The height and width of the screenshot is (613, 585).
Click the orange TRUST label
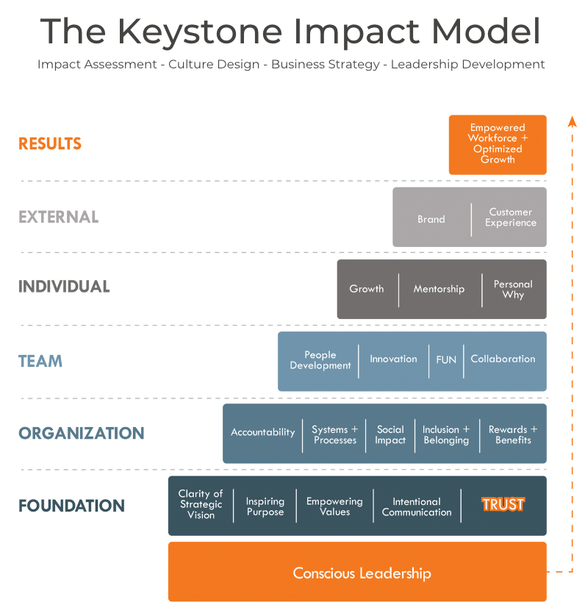pyautogui.click(x=503, y=504)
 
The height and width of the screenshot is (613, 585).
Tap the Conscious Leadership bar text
pyautogui.click(x=362, y=573)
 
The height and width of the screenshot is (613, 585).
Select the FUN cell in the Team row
pyautogui.click(x=446, y=359)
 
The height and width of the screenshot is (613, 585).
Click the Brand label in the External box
pyautogui.click(x=431, y=219)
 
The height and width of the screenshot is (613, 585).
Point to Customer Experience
pyautogui.click(x=510, y=217)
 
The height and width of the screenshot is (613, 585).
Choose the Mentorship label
pyautogui.click(x=439, y=289)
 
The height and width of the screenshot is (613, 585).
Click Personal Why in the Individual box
pyautogui.click(x=513, y=290)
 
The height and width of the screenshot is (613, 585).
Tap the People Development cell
pyautogui.click(x=320, y=360)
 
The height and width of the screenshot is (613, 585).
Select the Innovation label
pyautogui.click(x=393, y=359)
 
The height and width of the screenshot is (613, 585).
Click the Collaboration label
pyautogui.click(x=503, y=359)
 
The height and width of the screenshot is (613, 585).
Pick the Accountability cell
pyautogui.click(x=262, y=432)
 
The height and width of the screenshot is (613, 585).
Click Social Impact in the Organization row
pyautogui.click(x=390, y=434)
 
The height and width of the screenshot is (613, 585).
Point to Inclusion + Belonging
pyautogui.click(x=446, y=434)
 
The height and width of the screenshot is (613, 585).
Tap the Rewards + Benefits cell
pyautogui.click(x=513, y=434)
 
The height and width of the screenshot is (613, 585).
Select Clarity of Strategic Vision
pyautogui.click(x=201, y=504)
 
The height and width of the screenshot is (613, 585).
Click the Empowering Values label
pyautogui.click(x=334, y=506)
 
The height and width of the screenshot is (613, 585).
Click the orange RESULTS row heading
pyautogui.click(x=50, y=143)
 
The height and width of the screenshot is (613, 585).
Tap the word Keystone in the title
pyautogui.click(x=200, y=32)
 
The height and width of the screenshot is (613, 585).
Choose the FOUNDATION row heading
pyautogui.click(x=71, y=506)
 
